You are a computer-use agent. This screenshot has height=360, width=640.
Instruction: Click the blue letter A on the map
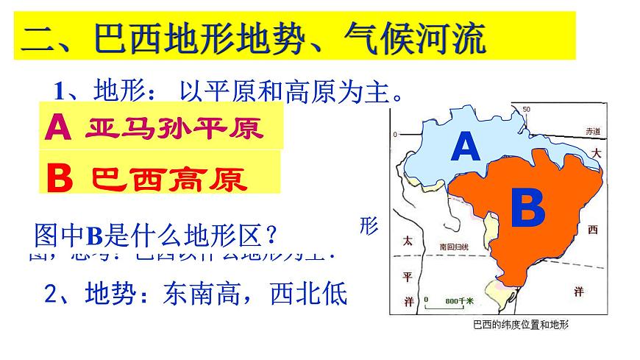coord(465,147)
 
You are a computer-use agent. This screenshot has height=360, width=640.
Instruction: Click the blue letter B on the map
coord(527,209)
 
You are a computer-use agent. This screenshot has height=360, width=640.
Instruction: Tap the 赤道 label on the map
coord(593,131)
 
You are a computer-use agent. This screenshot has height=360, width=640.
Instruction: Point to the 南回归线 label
coord(452,247)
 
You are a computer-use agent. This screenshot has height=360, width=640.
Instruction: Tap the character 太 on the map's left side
coord(407,241)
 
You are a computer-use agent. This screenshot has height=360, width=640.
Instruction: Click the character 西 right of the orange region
coord(593,230)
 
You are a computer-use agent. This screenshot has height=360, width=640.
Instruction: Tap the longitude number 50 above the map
coord(526,110)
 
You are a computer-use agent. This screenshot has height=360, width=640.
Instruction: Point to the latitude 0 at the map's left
coord(395,135)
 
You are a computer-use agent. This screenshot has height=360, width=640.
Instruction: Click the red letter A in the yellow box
coord(58,128)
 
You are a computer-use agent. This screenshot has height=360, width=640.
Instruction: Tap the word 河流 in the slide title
coord(454,38)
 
